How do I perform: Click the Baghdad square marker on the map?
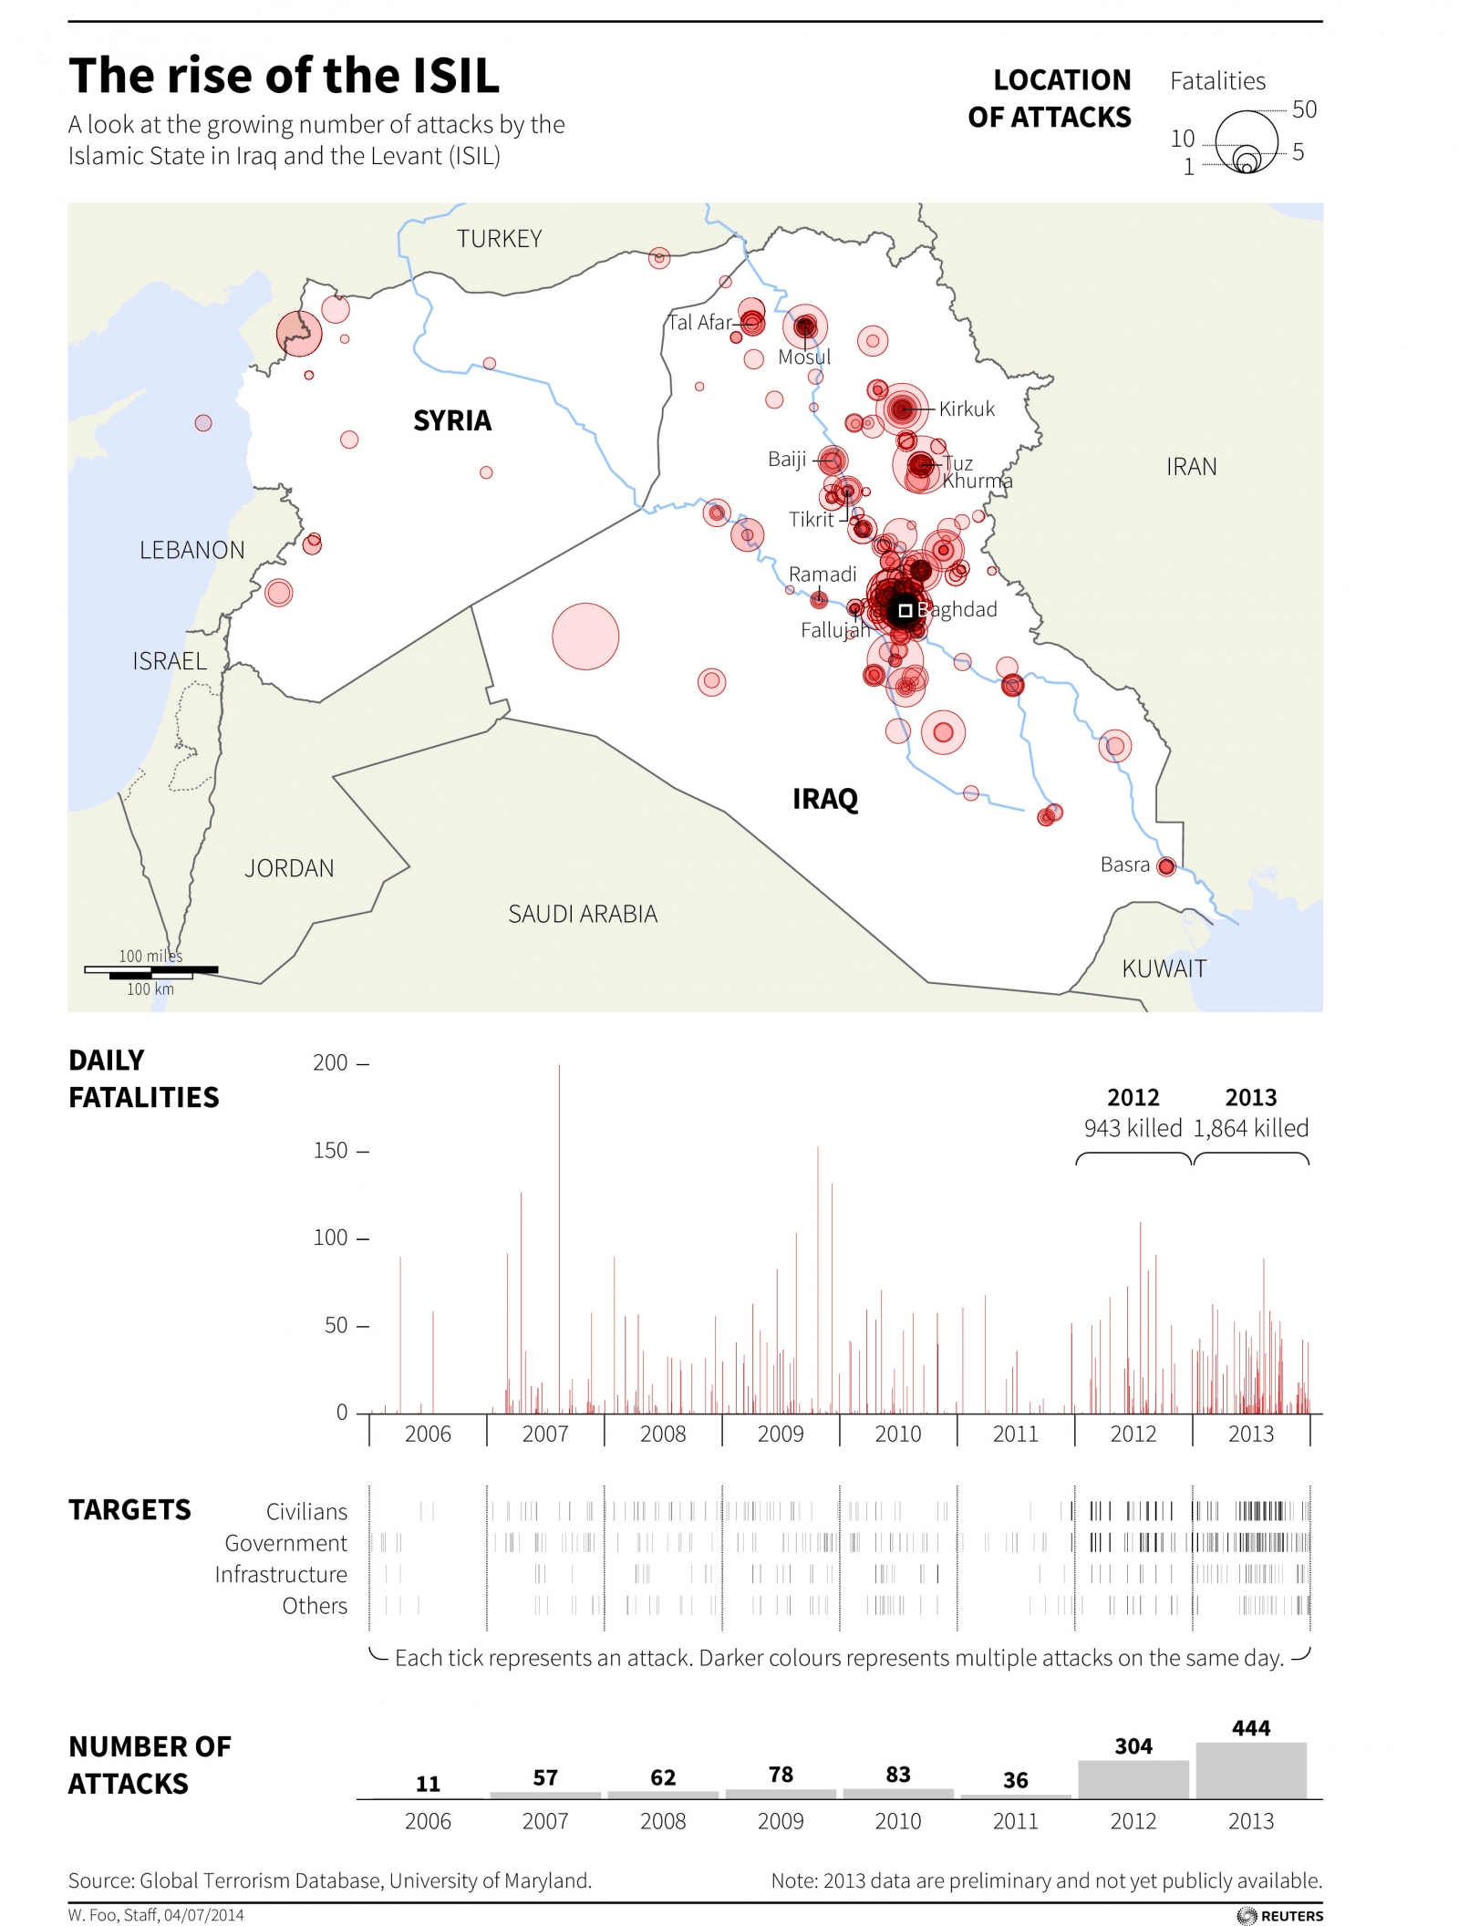(905, 610)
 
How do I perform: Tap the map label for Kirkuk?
(967, 409)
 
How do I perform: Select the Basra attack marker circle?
(1165, 866)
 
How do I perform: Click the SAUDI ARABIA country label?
(583, 914)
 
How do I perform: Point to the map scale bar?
(151, 971)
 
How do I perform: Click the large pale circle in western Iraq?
(585, 637)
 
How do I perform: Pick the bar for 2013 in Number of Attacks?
(1250, 1770)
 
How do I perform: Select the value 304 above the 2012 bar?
(1133, 1746)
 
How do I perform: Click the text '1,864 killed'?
(1250, 1129)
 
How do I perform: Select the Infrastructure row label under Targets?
(281, 1575)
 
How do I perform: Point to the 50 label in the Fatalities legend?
(1304, 109)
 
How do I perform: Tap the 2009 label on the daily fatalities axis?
(781, 1434)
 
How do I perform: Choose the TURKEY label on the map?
(499, 239)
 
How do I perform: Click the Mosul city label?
(803, 357)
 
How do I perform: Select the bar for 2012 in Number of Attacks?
(1133, 1779)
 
